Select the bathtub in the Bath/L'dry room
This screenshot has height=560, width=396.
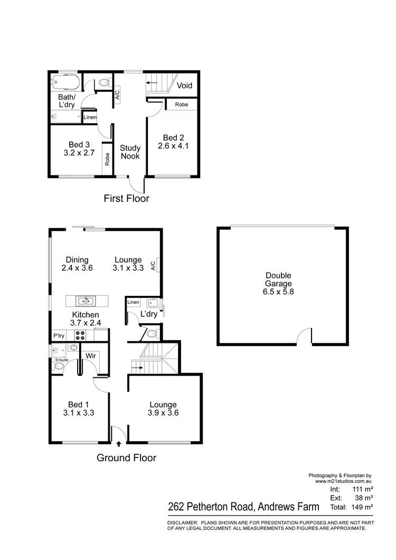[x=65, y=82]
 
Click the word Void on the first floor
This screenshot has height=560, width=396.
[x=184, y=86]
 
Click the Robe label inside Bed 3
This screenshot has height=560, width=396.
[x=107, y=160]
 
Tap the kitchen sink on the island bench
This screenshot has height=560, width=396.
[x=85, y=302]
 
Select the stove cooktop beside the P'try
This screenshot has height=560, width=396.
[x=81, y=335]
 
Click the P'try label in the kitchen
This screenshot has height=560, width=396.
[x=59, y=335]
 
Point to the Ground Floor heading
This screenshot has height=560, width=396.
[x=126, y=458]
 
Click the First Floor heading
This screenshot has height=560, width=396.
[x=126, y=199]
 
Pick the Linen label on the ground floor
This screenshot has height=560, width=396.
[x=133, y=302]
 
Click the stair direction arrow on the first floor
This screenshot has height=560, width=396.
[x=153, y=83]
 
